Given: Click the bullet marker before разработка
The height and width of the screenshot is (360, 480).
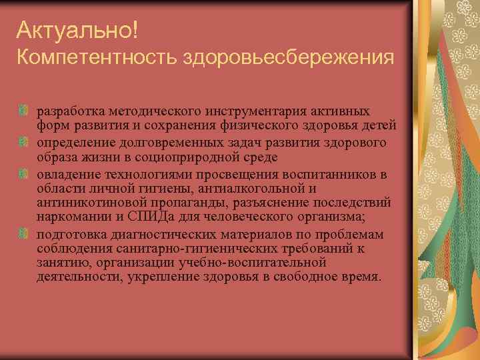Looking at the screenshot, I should coord(24,109).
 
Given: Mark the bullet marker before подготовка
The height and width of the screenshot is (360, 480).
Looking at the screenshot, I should coord(24,233).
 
